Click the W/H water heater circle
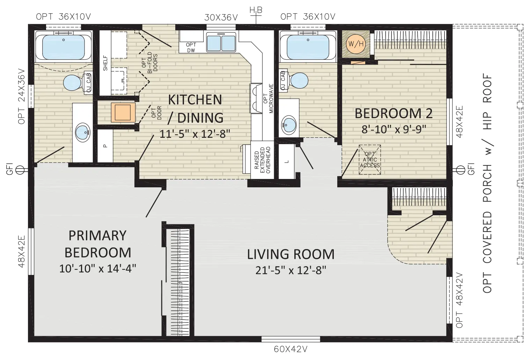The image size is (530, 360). [356, 44]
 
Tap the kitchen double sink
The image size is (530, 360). [221, 42]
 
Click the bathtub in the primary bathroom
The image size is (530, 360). [64, 46]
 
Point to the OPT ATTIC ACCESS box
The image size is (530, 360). [370, 159]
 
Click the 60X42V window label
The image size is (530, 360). [290, 349]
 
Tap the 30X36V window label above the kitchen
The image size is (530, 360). [221, 17]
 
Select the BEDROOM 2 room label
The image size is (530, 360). [394, 113]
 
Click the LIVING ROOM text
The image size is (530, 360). [291, 254]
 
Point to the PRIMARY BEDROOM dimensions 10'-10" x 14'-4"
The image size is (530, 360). [98, 269]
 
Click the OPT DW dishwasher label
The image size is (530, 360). [191, 47]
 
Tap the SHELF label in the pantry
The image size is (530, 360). [105, 63]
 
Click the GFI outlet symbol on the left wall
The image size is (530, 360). [20, 170]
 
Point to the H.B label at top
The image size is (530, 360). [256, 10]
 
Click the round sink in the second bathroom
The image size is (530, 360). [289, 125]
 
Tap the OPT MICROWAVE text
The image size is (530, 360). [268, 98]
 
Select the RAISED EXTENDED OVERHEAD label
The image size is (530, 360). [263, 160]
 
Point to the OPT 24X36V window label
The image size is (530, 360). [22, 96]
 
